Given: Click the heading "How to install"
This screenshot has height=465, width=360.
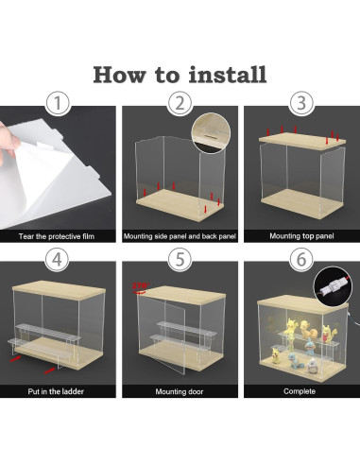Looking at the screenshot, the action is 180,75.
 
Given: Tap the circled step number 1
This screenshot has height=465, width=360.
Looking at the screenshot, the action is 58,103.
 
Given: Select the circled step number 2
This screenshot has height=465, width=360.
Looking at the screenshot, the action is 180,103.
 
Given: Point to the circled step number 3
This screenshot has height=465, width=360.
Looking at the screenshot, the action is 301,103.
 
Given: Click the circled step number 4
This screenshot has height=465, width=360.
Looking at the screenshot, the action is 57,259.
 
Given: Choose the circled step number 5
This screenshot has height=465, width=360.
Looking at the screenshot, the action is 180,259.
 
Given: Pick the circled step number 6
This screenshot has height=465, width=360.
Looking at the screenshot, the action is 301,259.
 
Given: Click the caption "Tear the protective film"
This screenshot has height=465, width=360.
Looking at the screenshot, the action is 57,236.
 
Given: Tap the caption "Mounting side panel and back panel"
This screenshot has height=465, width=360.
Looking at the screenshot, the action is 180,236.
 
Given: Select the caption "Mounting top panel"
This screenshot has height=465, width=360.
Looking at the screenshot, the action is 301,236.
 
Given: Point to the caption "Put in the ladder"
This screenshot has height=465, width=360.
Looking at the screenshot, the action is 56,391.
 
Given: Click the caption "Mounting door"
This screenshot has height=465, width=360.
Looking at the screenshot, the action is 180,391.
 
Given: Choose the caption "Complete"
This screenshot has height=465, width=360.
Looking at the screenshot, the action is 300,391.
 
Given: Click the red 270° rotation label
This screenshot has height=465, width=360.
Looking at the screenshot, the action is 140,286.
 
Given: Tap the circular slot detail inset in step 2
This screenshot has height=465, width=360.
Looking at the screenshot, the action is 211,133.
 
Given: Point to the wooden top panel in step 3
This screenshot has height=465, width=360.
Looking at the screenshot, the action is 301,142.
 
